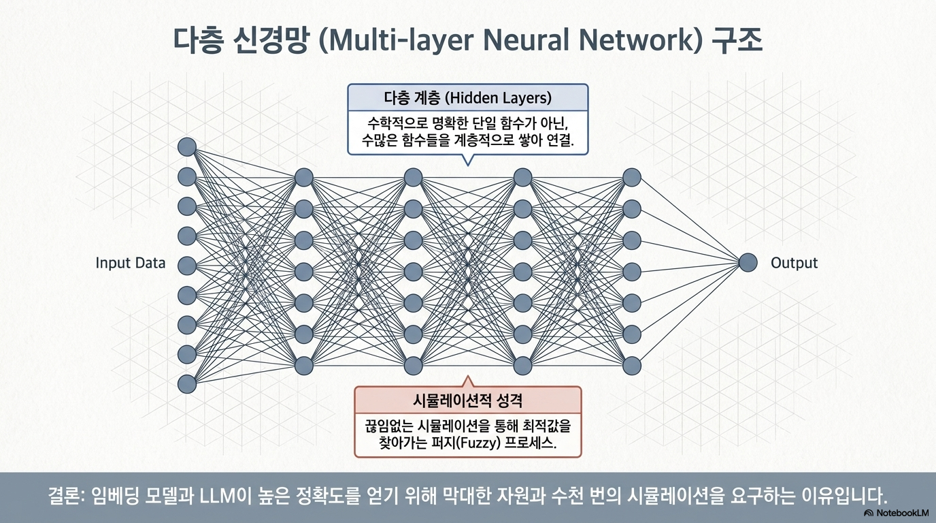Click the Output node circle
748,263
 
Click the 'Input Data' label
131,263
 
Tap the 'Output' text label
794,263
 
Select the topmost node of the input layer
187,147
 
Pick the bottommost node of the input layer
187,384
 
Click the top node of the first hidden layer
304,178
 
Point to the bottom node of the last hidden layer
632,365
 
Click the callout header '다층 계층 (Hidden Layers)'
467,98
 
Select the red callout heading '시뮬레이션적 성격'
467,400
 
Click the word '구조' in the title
737,41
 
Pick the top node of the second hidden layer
414,178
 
